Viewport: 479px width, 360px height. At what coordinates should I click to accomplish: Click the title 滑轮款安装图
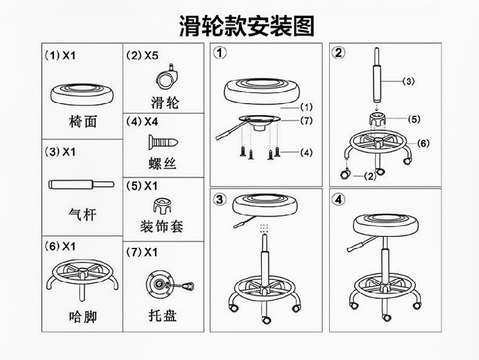247,26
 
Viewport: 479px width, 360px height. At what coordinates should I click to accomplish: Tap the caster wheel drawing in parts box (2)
167,76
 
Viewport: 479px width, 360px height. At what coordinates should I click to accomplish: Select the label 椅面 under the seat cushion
83,121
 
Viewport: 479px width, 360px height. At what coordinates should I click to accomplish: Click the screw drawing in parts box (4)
162,142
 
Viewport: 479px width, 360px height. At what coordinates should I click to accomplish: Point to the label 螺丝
162,164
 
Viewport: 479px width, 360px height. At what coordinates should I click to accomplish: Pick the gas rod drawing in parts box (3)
82,184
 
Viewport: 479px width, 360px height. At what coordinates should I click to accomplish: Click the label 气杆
82,214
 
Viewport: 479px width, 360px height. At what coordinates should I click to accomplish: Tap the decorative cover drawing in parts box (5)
162,205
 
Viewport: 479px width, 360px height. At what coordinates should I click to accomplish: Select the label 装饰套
162,227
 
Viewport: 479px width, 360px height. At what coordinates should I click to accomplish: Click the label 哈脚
83,316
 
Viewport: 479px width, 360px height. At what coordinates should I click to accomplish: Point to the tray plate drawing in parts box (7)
170,285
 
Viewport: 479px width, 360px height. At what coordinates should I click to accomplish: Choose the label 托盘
162,315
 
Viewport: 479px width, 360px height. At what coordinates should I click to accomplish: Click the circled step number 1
220,53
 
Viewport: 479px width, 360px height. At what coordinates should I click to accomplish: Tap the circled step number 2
338,53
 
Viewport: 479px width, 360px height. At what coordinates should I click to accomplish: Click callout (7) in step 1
306,121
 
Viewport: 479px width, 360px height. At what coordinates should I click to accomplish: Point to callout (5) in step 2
414,119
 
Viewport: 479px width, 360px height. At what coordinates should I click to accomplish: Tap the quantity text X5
152,55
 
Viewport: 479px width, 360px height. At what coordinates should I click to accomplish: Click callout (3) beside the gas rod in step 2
409,81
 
